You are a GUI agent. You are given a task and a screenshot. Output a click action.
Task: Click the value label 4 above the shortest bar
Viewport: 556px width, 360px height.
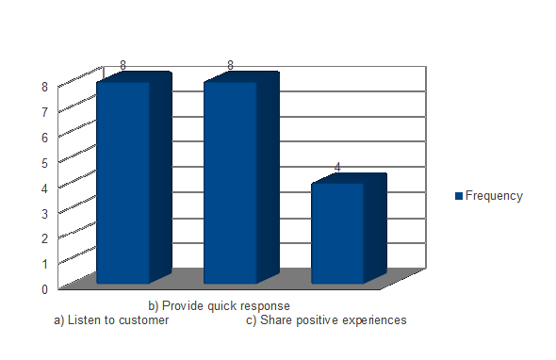click(337, 167)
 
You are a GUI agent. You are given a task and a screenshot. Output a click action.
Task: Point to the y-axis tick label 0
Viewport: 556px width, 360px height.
click(44, 289)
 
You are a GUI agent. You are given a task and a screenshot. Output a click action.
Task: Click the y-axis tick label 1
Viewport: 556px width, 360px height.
click(44, 264)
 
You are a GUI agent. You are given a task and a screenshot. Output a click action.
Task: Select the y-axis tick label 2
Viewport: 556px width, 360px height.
click(44, 238)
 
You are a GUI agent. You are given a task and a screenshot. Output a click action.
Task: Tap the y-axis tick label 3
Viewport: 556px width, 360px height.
click(44, 214)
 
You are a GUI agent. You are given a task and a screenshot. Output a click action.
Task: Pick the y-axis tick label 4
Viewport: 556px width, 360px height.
click(44, 188)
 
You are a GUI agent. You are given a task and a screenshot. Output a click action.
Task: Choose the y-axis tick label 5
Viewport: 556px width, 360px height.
click(44, 163)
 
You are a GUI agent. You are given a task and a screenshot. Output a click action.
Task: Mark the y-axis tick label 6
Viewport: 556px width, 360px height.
click(44, 138)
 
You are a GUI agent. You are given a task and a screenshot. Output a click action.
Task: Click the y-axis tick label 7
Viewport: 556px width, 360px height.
click(44, 112)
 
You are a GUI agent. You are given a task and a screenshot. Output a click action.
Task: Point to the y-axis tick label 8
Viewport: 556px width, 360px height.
click(44, 87)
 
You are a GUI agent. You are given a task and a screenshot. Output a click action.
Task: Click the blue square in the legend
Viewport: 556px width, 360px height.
click(459, 196)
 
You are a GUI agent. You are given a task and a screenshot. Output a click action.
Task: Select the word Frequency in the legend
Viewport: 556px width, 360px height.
click(494, 196)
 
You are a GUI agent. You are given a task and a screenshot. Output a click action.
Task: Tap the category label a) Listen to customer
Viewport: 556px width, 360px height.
click(111, 319)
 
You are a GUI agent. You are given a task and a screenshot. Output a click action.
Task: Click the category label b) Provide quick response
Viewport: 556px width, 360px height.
click(220, 305)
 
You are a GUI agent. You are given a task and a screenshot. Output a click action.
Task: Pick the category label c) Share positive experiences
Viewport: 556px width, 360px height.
click(326, 319)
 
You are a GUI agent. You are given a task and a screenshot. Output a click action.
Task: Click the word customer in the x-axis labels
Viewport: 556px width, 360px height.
click(143, 320)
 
